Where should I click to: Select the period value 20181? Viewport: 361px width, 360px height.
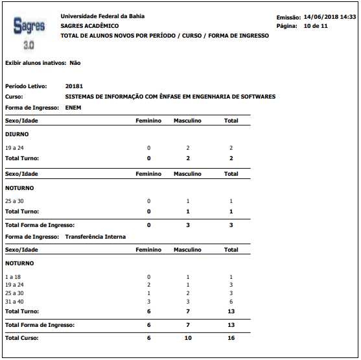(74, 86)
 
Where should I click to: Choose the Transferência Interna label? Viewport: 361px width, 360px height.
(95, 237)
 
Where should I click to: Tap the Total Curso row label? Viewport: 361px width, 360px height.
(22, 338)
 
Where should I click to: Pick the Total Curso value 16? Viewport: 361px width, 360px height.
(231, 338)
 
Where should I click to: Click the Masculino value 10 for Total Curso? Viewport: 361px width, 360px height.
(187, 338)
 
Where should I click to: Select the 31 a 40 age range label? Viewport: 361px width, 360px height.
(14, 301)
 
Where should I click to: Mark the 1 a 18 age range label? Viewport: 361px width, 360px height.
(13, 277)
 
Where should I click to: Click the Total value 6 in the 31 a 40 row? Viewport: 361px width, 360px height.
(231, 301)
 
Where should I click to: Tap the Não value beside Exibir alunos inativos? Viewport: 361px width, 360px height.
(75, 63)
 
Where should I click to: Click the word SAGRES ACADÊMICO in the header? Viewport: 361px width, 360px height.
(89, 26)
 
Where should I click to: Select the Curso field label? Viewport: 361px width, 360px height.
(14, 97)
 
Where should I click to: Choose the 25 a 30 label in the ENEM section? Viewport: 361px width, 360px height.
(14, 201)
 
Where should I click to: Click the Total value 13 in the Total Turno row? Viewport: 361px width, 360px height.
(231, 311)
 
